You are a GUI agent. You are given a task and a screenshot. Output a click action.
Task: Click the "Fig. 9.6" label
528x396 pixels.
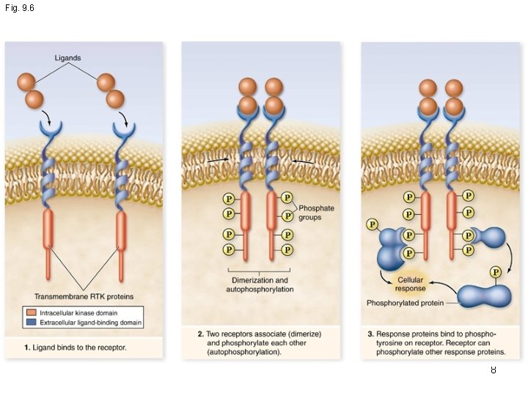click(18, 7)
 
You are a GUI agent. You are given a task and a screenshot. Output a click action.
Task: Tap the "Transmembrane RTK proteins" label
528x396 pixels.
click(84, 296)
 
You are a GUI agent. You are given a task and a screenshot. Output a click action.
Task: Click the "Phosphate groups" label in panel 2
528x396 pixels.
click(316, 213)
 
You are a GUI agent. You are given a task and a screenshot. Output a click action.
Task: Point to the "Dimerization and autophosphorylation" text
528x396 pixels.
click(260, 285)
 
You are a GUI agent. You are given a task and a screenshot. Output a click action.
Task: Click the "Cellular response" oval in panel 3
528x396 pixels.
click(410, 284)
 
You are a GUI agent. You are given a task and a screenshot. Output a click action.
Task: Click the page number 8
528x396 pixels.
click(494, 370)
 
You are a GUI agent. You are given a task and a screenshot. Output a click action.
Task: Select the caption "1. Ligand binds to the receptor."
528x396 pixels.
click(76, 347)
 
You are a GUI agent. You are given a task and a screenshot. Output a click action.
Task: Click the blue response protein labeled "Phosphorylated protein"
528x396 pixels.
click(484, 296)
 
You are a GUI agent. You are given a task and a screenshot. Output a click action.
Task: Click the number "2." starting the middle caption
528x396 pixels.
click(201, 334)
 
